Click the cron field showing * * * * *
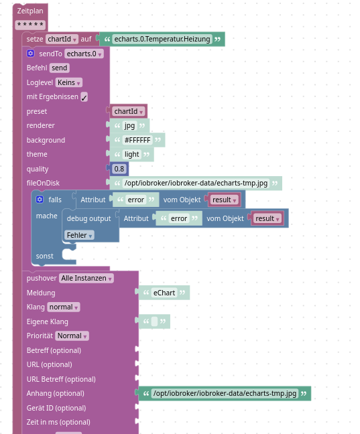coord(30,25)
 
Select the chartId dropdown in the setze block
coord(62,39)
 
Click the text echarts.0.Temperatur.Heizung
coord(162,39)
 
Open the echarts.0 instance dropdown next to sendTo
coord(84,54)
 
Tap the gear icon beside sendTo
coord(31,54)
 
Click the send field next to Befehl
coord(59,68)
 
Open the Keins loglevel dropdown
coord(68,82)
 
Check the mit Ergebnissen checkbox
coord(84,97)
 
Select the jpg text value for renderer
coord(129,125)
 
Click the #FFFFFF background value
coord(137,140)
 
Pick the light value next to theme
coord(131,154)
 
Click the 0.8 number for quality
coord(119,169)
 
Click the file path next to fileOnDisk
coord(196,183)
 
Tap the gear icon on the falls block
coord(40,200)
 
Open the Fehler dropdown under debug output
coord(79,235)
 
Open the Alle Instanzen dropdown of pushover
coord(86,279)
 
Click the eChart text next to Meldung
coord(164,293)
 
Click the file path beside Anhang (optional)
coord(224,393)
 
